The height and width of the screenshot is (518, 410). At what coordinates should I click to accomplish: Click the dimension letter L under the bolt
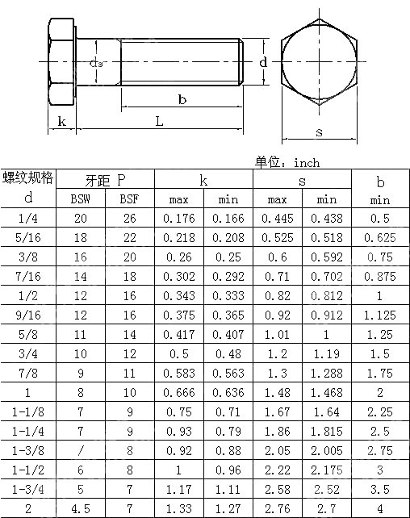coord(159,121)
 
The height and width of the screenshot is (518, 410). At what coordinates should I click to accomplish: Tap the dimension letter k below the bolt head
coord(61,122)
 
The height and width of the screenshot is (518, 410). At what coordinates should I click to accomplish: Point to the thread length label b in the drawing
coord(182,99)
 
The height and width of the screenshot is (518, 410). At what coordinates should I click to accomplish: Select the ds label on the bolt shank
coord(96,63)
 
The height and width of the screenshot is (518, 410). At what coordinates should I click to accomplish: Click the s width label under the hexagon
coord(319,132)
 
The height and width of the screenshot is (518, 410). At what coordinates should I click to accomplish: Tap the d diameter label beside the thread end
coord(263,61)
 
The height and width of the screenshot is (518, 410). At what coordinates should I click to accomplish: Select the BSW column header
coord(81,198)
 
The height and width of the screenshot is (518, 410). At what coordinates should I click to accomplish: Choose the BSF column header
coord(129,198)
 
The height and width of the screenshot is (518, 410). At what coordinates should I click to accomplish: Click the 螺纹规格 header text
coord(28,178)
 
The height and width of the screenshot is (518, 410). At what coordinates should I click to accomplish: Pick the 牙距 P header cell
coord(105,179)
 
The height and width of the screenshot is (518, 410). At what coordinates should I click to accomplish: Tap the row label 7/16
coord(28,276)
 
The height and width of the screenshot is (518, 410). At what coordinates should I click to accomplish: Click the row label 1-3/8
coord(28,450)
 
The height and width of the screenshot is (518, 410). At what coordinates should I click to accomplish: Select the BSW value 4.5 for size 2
coord(81,508)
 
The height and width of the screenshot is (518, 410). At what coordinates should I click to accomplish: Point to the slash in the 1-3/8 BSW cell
coord(81,450)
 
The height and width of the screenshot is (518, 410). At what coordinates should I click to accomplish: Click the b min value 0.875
coord(379,276)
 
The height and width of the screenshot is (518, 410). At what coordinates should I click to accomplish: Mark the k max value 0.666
coord(178,392)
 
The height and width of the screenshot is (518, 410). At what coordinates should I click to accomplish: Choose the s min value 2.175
coord(326,470)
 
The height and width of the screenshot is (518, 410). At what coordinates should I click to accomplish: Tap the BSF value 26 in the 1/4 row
coord(129,218)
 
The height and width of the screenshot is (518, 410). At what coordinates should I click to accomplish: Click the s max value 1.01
coord(277,334)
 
